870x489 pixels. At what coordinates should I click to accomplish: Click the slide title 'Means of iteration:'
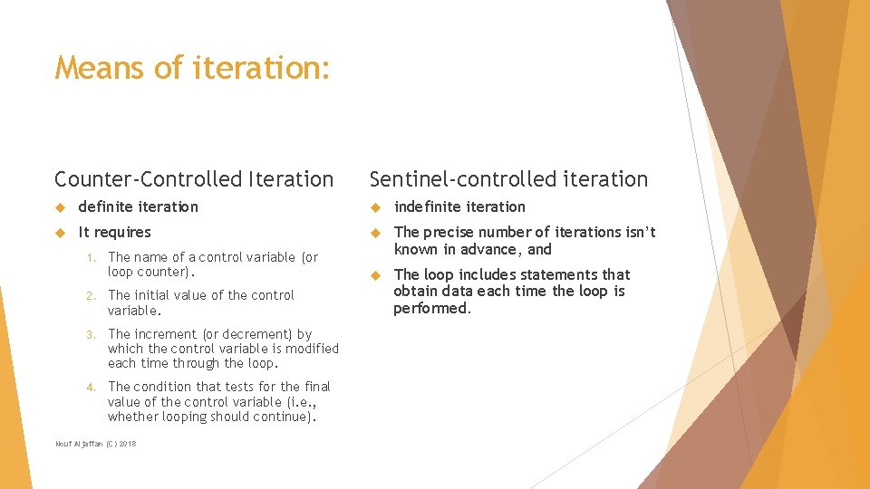click(x=192, y=68)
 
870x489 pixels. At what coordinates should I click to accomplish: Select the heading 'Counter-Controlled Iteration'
click(x=194, y=179)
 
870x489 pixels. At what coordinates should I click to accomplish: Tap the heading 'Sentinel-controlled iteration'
click(x=508, y=179)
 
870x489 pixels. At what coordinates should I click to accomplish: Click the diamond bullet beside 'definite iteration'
click(x=61, y=207)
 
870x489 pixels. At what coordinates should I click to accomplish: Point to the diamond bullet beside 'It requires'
click(x=61, y=233)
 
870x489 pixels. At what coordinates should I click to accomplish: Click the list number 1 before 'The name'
click(x=91, y=257)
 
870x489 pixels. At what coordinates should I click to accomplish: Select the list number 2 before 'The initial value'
click(x=91, y=295)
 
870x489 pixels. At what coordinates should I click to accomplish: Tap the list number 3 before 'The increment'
click(x=91, y=334)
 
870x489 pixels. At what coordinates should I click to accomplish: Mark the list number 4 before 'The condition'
click(x=91, y=387)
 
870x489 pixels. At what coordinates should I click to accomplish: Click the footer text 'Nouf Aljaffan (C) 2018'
click(x=95, y=444)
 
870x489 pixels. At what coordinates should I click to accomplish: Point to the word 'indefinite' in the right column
click(x=427, y=207)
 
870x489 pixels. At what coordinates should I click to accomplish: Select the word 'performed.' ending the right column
click(x=432, y=308)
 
